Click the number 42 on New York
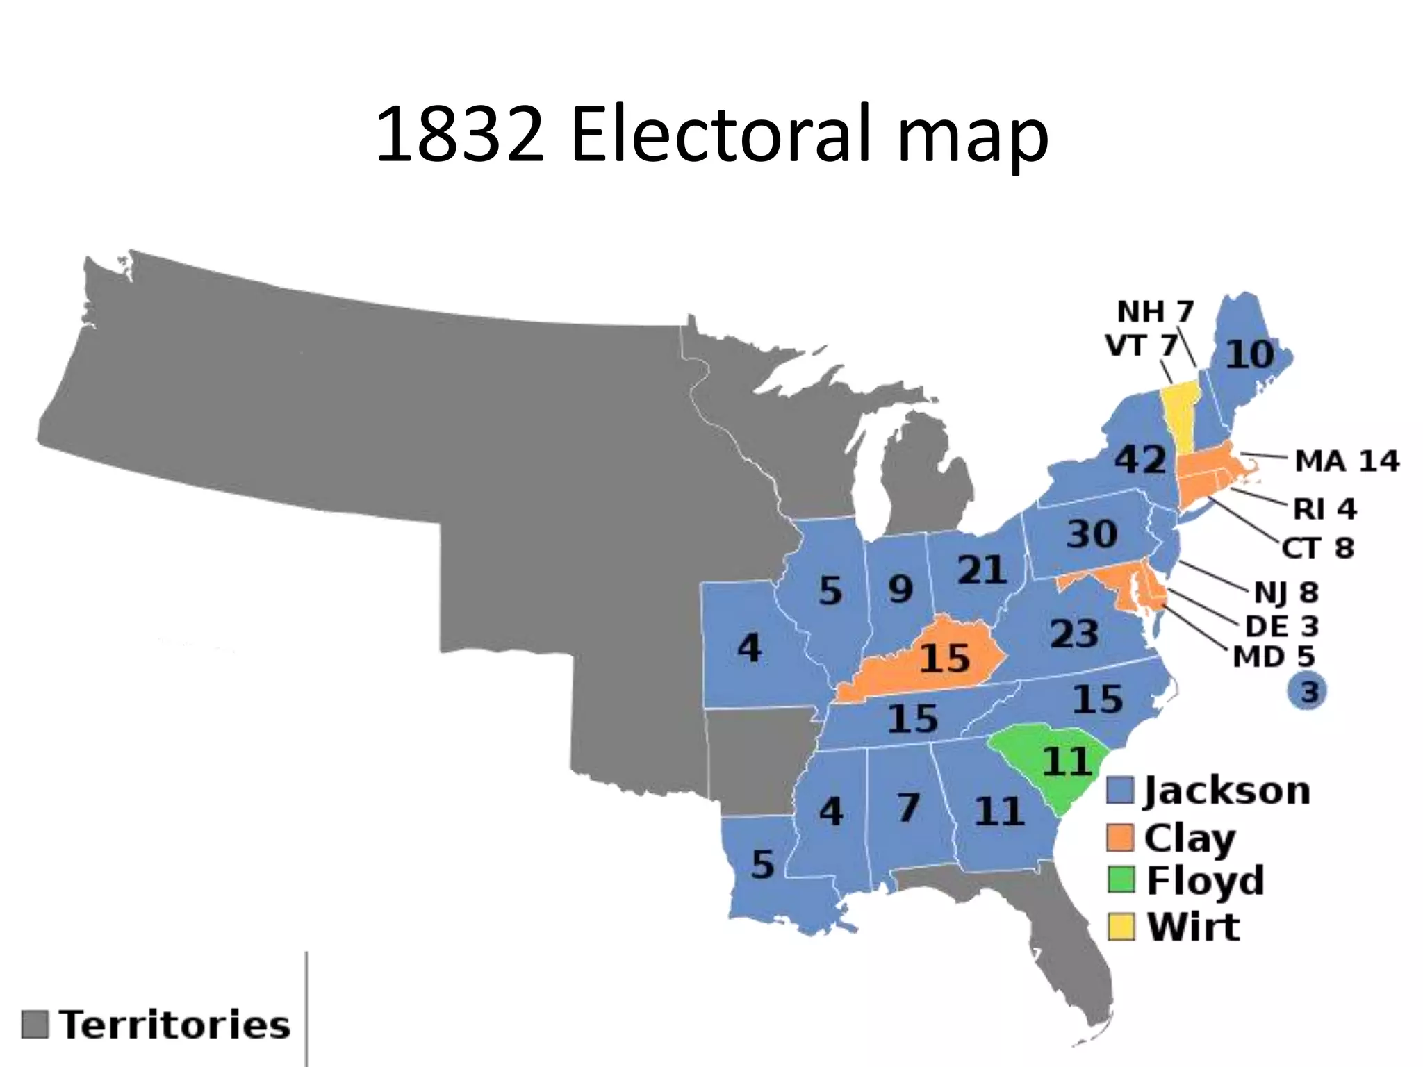click(1140, 459)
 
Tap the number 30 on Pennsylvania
click(1092, 534)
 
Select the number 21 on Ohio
click(981, 570)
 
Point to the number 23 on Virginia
click(1074, 634)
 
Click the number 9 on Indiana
click(900, 590)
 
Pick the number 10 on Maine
click(1249, 354)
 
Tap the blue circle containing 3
click(1308, 692)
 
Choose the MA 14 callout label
click(1347, 461)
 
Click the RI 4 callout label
click(1324, 509)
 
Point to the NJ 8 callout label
click(1286, 593)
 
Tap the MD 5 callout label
click(1274, 656)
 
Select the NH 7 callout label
click(1155, 312)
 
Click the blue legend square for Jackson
click(1120, 791)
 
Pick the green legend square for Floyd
click(1120, 880)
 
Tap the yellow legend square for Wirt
click(1120, 927)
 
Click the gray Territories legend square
click(35, 1024)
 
